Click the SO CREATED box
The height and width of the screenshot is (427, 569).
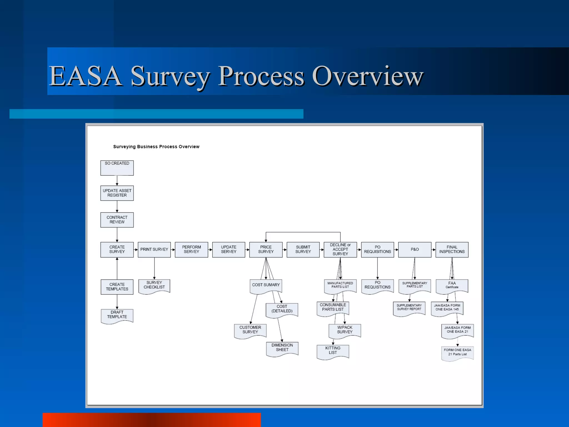click(117, 168)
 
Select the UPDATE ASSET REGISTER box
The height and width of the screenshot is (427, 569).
click(117, 193)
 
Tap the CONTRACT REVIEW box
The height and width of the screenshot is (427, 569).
click(117, 220)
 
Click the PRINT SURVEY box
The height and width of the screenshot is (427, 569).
click(154, 249)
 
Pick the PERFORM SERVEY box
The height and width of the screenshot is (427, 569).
click(191, 249)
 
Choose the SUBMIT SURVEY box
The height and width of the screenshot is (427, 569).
click(303, 249)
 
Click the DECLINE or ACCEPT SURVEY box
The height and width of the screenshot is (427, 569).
click(340, 249)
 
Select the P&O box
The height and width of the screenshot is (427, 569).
click(415, 249)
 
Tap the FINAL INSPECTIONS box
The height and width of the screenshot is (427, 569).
click(452, 249)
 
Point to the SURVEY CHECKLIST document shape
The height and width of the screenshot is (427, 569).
click(154, 286)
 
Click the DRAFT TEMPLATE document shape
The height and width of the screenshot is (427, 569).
click(117, 316)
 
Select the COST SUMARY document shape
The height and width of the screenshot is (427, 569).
click(266, 286)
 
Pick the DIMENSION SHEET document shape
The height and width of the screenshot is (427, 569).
click(282, 348)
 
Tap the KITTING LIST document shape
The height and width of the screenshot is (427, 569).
click(333, 351)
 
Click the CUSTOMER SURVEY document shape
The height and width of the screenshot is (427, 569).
click(250, 331)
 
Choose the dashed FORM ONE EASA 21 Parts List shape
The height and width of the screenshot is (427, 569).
click(457, 352)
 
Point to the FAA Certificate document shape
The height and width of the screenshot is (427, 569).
click(452, 286)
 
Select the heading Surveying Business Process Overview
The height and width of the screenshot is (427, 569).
click(156, 147)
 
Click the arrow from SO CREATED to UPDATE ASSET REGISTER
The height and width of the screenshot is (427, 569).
click(117, 181)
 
